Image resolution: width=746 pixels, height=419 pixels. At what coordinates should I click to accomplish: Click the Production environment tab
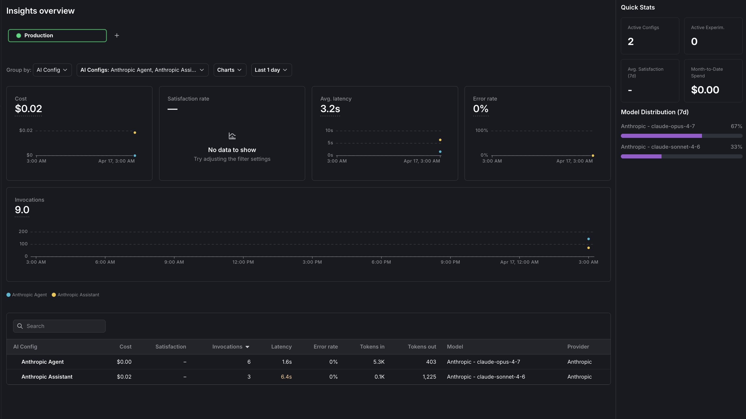tap(57, 35)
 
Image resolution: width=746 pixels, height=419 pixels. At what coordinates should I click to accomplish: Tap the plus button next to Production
tap(117, 35)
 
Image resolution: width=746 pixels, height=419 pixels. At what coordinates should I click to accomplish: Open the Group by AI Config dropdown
tap(52, 70)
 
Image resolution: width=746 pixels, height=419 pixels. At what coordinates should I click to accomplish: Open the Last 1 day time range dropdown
tap(271, 70)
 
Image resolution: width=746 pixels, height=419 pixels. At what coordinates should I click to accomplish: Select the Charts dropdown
tap(230, 70)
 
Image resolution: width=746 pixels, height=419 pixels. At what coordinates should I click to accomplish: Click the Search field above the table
tap(59, 326)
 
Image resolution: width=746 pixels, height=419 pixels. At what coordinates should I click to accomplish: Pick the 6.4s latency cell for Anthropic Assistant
tap(286, 377)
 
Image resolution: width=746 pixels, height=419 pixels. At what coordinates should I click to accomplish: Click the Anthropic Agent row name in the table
tap(42, 362)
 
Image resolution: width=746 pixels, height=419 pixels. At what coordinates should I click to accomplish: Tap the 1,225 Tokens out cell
tap(429, 377)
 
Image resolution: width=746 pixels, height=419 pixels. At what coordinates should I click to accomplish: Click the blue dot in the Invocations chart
tap(588, 239)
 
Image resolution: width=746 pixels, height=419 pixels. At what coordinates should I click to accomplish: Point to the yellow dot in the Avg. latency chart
tap(440, 140)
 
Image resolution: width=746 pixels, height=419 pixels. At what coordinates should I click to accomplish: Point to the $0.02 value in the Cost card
tap(28, 109)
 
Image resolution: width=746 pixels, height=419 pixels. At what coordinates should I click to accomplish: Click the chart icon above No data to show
tap(232, 136)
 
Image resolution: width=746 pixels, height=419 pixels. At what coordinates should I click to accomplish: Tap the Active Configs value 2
tap(631, 42)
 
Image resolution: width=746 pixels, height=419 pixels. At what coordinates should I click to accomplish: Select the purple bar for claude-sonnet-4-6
tap(641, 157)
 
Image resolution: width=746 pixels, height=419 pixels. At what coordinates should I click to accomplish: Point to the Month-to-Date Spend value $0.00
tap(705, 90)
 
